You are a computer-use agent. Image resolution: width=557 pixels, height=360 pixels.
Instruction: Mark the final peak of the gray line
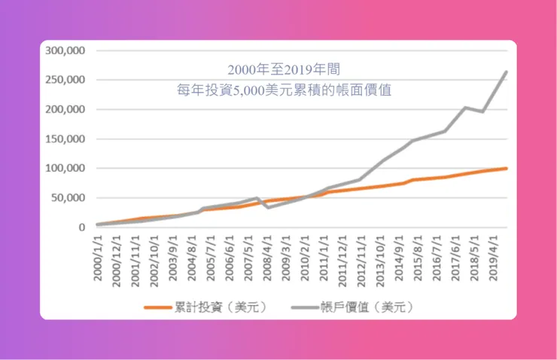click(x=506, y=72)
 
